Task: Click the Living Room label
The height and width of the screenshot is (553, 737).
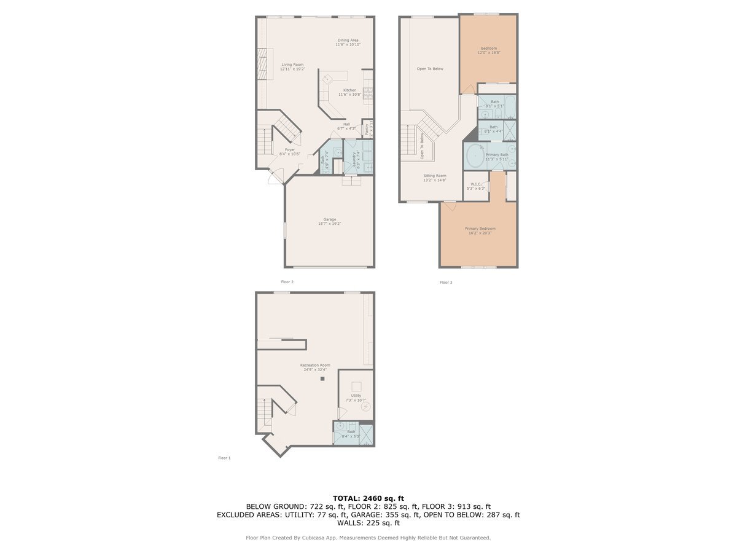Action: [x=292, y=67]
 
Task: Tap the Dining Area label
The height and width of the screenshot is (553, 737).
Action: [x=348, y=42]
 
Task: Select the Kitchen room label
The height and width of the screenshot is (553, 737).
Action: [x=349, y=92]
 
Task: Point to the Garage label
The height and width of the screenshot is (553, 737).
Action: [x=330, y=221]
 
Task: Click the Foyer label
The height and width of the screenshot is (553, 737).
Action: [x=289, y=152]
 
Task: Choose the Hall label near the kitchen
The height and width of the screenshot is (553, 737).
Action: [x=346, y=126]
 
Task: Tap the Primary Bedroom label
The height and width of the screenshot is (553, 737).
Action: [x=480, y=230]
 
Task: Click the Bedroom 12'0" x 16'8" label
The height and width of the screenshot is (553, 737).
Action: [x=489, y=50]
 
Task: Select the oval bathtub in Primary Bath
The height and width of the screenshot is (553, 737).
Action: [x=475, y=157]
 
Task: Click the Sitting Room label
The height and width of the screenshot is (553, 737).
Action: [x=435, y=178]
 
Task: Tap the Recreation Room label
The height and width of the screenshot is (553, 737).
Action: [x=315, y=367]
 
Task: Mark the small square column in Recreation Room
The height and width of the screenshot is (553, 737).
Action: [x=321, y=379]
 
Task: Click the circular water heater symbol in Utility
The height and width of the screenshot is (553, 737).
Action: [x=366, y=406]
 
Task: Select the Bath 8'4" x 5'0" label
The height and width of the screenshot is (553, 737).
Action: [x=351, y=434]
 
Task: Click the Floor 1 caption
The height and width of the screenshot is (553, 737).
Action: [x=224, y=458]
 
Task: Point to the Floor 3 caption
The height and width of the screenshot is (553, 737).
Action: [x=445, y=282]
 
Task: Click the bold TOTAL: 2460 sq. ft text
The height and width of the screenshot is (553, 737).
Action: [x=368, y=498]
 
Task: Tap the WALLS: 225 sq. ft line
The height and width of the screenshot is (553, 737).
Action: [x=368, y=523]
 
